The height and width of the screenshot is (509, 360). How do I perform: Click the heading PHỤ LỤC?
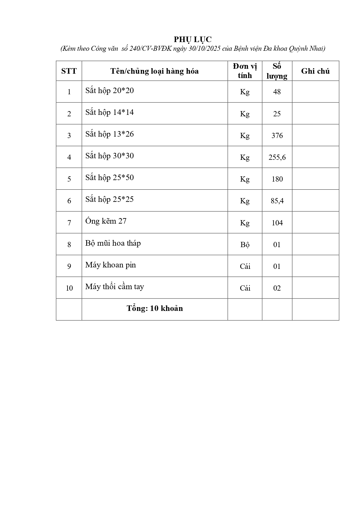point(193,39)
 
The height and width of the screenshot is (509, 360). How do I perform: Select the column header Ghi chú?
point(315,71)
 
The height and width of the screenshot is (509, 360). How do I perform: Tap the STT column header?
point(69,71)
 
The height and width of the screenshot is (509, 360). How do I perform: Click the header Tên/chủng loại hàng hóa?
point(154,71)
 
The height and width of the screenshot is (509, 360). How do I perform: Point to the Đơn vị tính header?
point(245,71)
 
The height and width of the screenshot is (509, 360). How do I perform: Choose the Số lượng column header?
point(277,71)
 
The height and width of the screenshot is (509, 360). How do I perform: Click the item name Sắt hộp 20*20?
point(110,90)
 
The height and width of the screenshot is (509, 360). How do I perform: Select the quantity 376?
point(277,135)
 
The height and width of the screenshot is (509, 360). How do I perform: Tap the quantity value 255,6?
point(277,157)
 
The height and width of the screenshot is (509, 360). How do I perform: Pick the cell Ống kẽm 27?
point(106,221)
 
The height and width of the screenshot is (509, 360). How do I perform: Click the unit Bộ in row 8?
point(245,244)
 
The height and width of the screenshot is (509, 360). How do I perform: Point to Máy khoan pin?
point(111,265)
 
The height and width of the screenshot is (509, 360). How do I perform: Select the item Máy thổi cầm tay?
point(115,287)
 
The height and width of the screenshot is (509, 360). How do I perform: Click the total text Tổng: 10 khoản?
point(155,308)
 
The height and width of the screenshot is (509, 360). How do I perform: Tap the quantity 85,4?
point(277,201)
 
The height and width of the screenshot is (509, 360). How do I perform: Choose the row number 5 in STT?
point(69,179)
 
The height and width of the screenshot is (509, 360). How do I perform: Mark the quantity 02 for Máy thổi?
point(277,288)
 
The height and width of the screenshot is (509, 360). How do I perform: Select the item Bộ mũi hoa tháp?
point(113,243)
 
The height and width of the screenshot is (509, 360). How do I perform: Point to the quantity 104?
point(277,223)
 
